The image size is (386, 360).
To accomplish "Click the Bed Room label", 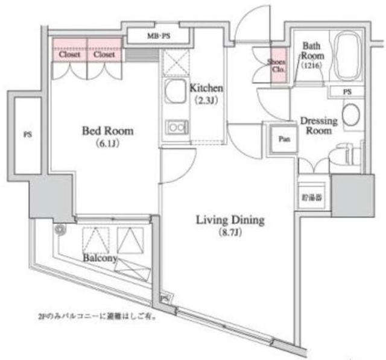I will click(x=108, y=131).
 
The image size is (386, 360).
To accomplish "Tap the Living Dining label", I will click(x=230, y=220).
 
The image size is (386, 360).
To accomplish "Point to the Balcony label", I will click(x=100, y=258).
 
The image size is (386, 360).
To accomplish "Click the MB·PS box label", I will click(x=159, y=36).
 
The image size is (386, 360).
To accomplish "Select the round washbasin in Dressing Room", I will click(x=350, y=113).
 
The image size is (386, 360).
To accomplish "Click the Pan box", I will click(x=283, y=139).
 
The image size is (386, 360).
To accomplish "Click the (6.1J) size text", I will click(x=108, y=144).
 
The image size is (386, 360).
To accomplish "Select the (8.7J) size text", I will click(x=230, y=233).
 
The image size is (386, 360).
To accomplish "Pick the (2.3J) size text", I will click(x=201, y=101).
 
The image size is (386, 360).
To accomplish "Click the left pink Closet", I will click(x=69, y=54).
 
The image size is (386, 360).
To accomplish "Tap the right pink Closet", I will click(x=104, y=54).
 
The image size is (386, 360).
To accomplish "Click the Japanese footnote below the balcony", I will click(x=95, y=315).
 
